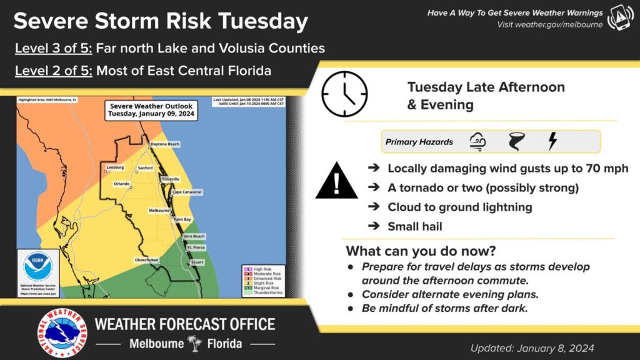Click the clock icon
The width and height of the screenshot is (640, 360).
(x=344, y=94)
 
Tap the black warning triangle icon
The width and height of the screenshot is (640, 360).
(x=336, y=181)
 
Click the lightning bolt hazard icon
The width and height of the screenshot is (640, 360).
(x=552, y=141)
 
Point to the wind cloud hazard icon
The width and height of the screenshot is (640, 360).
(x=477, y=142)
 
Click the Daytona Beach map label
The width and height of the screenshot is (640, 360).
(x=165, y=144)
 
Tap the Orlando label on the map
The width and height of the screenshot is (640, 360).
(x=121, y=184)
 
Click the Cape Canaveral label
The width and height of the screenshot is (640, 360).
(x=187, y=192)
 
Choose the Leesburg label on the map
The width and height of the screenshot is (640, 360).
(x=115, y=167)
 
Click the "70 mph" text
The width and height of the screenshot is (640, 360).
(x=606, y=169)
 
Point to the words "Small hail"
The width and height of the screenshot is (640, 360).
(x=414, y=226)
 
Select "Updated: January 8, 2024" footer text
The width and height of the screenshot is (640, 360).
(x=532, y=348)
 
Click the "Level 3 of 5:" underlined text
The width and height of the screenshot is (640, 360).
(x=54, y=48)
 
